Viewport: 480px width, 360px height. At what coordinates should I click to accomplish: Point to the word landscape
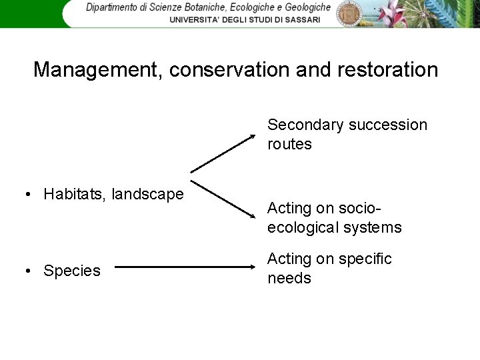tap(147, 194)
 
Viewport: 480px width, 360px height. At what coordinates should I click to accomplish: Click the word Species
tap(72, 271)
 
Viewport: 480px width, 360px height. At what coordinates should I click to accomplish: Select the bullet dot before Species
tap(27, 271)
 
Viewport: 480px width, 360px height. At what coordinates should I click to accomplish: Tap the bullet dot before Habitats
tap(27, 195)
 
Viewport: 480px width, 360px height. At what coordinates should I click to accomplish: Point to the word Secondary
tap(305, 125)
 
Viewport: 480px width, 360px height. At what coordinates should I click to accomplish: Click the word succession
tap(387, 125)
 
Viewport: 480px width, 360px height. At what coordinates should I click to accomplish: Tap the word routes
tap(289, 144)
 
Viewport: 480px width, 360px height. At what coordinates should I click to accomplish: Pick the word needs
tap(289, 278)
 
